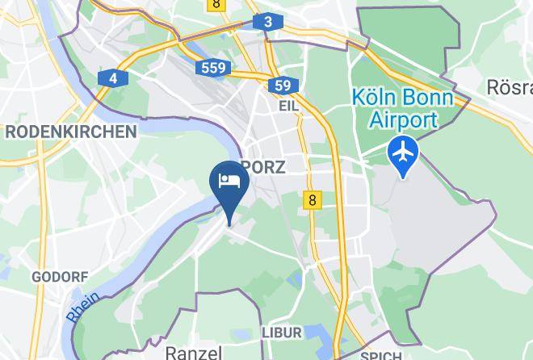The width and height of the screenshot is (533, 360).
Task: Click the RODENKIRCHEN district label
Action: pos(70,132)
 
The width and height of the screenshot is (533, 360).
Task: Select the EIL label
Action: pos(288,106)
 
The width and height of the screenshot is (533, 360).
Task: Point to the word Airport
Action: pos(403,120)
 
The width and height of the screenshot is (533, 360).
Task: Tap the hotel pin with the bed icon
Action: pos(229,181)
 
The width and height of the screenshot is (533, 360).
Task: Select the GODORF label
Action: pos(60,277)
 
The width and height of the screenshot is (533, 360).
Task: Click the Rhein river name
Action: pos(83,307)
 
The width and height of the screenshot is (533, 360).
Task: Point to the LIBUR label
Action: pos(281,333)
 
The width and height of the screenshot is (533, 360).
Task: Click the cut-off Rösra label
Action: pos(510,86)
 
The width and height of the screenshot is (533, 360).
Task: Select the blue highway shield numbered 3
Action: pos(267,22)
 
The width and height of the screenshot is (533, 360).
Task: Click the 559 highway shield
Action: pos(214,68)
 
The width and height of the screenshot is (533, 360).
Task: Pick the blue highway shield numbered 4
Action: pos(114,77)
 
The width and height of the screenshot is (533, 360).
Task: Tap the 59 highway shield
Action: pos(282,86)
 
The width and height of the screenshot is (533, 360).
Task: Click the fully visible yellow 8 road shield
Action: pos(313,199)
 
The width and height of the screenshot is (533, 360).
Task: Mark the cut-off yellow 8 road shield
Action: pos(216,4)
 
